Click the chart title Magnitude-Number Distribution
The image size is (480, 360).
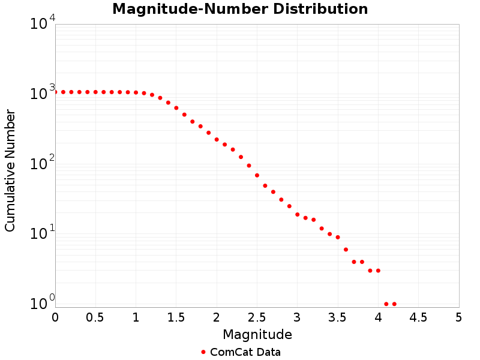pos(240,10)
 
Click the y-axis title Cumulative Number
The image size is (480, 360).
pos(10,170)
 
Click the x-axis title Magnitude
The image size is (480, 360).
pos(257,334)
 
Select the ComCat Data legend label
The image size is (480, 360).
pos(245,352)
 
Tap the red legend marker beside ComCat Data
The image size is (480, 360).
pos(203,352)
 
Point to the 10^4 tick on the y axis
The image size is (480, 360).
pos(43,25)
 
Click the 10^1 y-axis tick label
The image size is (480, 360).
pos(43,234)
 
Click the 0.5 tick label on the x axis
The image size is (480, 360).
pos(95,317)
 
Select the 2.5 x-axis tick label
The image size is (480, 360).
pos(257,317)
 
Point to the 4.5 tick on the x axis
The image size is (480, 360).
pos(418,317)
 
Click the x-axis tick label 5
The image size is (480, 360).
pos(458,317)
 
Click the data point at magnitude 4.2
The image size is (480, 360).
pos(394,304)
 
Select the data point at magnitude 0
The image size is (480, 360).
pos(55,92)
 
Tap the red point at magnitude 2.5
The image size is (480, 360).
pos(257,175)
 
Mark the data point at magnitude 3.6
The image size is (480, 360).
pos(346,250)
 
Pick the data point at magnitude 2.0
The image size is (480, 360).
pos(217,139)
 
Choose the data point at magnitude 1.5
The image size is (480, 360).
pos(176,108)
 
